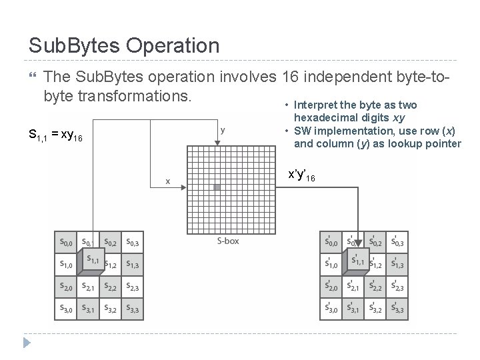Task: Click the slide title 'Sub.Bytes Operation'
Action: click(124, 45)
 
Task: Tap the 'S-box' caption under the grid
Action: click(229, 241)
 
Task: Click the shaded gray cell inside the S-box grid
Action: click(217, 188)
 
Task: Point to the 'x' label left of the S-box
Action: click(168, 181)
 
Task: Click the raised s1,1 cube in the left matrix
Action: click(91, 261)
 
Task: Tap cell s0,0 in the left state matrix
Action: click(67, 242)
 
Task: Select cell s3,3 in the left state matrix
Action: click(132, 308)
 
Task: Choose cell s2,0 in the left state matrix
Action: click(67, 287)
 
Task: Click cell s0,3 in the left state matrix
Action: click(132, 242)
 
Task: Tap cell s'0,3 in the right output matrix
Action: click(397, 242)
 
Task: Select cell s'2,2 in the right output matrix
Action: click(375, 287)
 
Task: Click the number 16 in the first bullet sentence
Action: click(291, 79)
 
